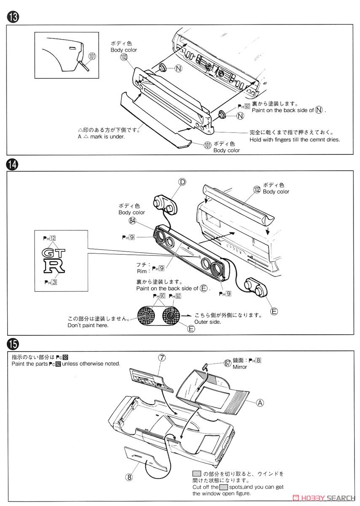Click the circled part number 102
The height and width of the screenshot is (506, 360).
(x=257, y=190)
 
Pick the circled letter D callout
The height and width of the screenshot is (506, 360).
(x=182, y=182)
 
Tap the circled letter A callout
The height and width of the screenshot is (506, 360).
(x=260, y=403)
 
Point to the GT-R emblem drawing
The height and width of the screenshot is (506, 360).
(x=54, y=260)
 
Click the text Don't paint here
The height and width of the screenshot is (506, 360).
(x=88, y=325)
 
